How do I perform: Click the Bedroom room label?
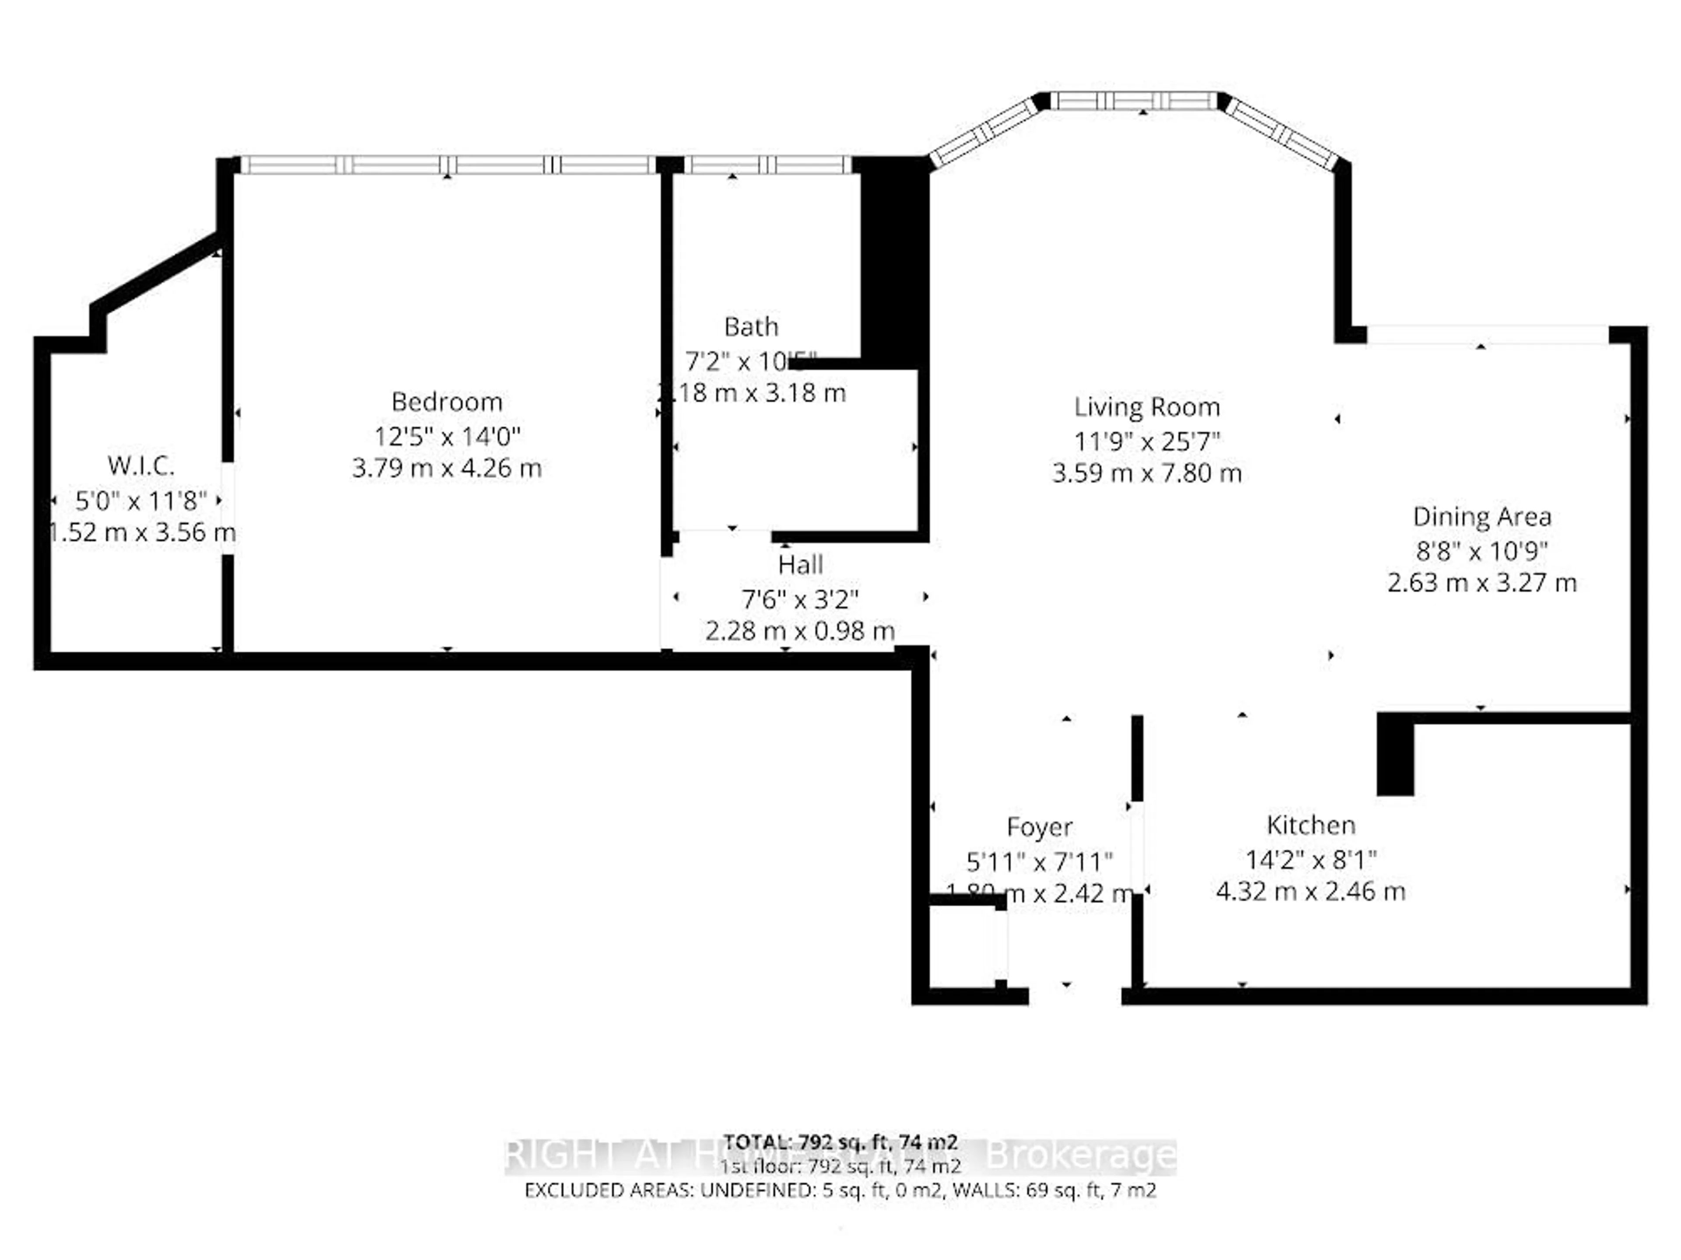coord(447,402)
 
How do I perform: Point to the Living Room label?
coord(1147,407)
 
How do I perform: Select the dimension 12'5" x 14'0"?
coord(447,437)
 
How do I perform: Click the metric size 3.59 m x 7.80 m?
coord(1147,474)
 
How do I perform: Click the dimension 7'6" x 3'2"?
coord(800,600)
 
